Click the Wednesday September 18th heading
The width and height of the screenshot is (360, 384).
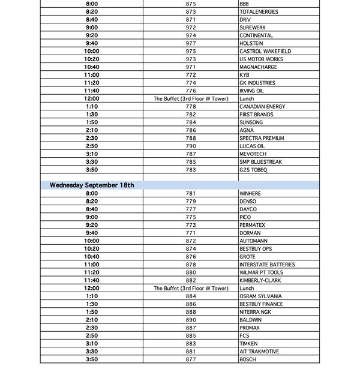[92, 185]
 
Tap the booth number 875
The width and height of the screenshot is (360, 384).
[191, 4]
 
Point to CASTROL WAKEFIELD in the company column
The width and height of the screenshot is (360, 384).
[265, 52]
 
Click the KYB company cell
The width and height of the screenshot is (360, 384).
[244, 75]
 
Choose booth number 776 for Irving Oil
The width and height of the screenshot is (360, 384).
[191, 91]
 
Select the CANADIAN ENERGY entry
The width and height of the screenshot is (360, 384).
[262, 107]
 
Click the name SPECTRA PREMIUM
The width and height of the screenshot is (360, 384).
[262, 138]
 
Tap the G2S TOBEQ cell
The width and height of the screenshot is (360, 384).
[253, 170]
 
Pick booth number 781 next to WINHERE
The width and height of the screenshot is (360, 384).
[191, 194]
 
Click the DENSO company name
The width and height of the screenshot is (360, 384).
[248, 202]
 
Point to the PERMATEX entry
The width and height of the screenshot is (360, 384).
[252, 225]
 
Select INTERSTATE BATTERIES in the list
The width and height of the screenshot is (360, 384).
[267, 265]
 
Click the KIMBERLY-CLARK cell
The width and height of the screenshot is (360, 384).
[259, 280]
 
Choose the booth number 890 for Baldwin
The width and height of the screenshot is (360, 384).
[191, 320]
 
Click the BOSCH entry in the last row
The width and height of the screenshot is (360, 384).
[247, 359]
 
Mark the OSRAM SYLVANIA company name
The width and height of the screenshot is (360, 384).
[260, 296]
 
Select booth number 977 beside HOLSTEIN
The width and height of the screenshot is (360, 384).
[191, 43]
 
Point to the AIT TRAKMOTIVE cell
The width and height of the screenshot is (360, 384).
[259, 352]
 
